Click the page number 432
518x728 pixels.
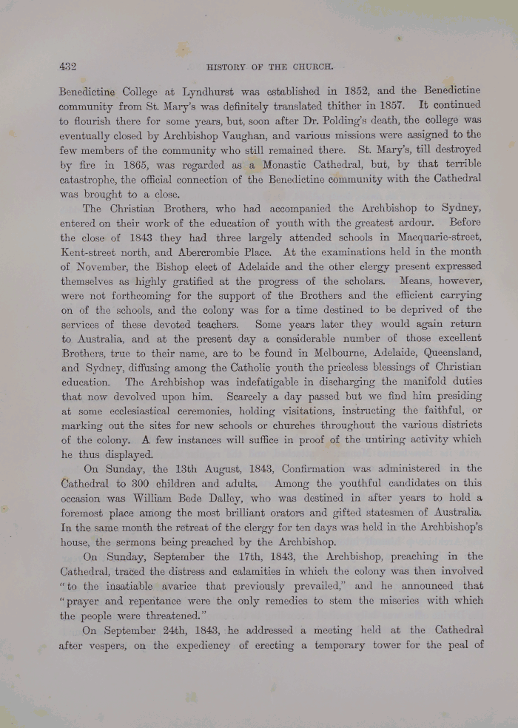(68, 66)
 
